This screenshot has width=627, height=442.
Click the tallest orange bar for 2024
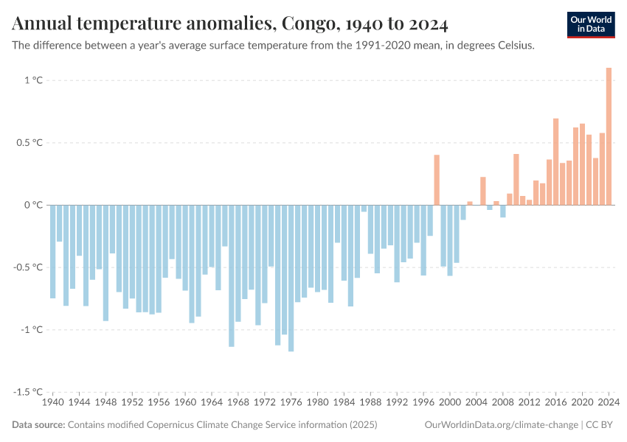point(609,136)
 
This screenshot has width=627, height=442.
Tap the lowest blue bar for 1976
point(291,278)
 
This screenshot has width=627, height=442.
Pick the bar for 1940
point(53,251)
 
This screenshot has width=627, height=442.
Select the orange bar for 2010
point(516,179)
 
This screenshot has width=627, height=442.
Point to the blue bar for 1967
point(232,276)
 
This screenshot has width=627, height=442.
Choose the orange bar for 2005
point(483,191)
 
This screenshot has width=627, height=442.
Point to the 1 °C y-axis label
point(34,80)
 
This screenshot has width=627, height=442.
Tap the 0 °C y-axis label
point(34,205)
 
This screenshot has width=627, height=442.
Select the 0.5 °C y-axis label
point(30,143)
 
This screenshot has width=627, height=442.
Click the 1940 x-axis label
point(53,403)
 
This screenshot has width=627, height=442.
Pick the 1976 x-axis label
point(291,403)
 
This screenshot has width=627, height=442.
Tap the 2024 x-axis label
point(609,403)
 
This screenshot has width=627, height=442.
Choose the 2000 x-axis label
point(450,403)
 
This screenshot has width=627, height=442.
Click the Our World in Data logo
point(590,24)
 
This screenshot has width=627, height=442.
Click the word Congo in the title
point(304,24)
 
